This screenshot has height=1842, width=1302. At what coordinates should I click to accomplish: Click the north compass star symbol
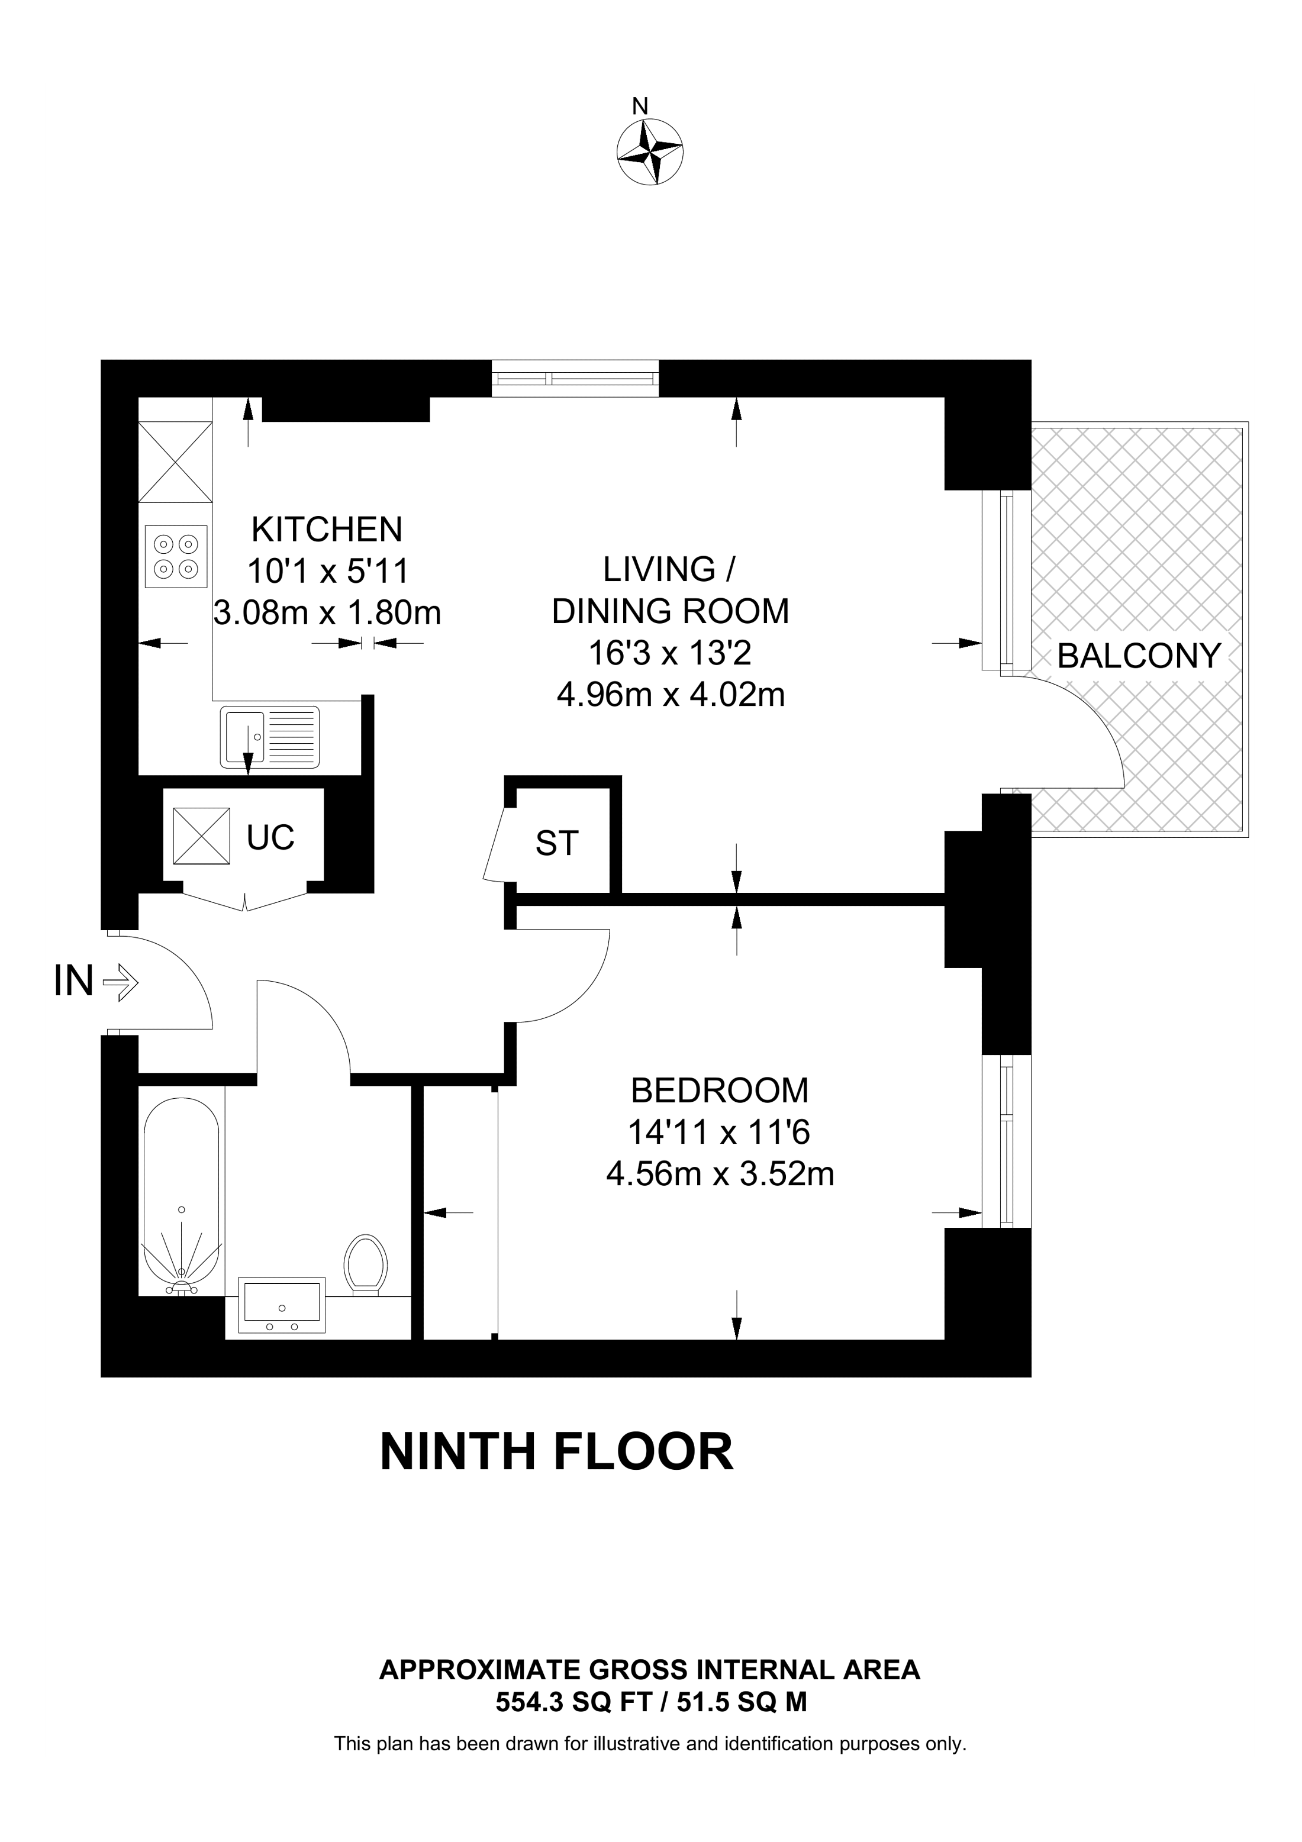coord(650,151)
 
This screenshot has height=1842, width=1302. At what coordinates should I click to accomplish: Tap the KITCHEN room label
coord(327,530)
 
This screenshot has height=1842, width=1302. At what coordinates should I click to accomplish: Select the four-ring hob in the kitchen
coord(176,557)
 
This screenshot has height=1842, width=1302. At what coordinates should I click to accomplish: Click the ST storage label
coord(557,843)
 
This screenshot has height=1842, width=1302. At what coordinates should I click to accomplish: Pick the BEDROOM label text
coord(720,1091)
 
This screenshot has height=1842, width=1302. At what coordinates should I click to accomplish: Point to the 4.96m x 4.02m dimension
coord(671,695)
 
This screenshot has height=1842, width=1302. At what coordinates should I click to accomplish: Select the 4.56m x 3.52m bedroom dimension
coord(720,1175)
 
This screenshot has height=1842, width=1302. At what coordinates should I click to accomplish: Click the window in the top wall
coord(575,378)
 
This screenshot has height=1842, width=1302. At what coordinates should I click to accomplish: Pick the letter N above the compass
coord(639,106)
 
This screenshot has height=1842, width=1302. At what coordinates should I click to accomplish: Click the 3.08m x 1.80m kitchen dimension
coord(327,613)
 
